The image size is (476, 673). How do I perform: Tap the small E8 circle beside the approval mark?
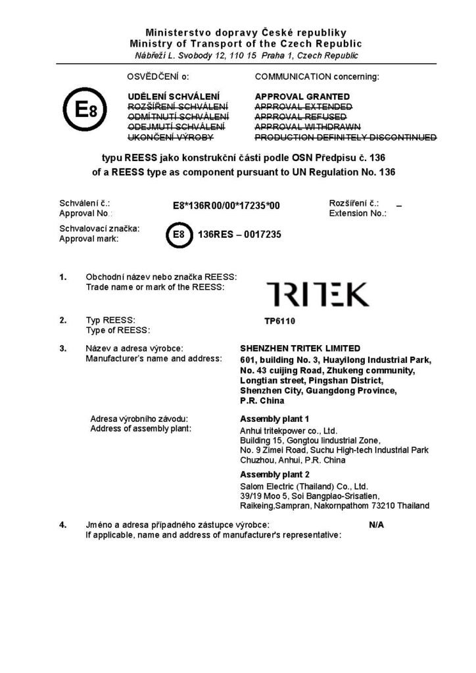point(178,235)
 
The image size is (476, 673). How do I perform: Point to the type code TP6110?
point(277,323)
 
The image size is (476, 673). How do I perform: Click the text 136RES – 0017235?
point(239,235)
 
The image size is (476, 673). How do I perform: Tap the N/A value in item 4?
point(376,525)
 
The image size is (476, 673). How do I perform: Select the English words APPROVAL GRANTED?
point(302,97)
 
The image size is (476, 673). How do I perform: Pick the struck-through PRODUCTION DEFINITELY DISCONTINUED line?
point(345,137)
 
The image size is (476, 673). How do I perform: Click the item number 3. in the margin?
point(64,348)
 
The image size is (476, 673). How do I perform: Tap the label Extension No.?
point(358,214)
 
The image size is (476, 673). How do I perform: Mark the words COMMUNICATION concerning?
point(317,76)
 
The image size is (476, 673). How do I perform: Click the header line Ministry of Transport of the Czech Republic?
point(245,43)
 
